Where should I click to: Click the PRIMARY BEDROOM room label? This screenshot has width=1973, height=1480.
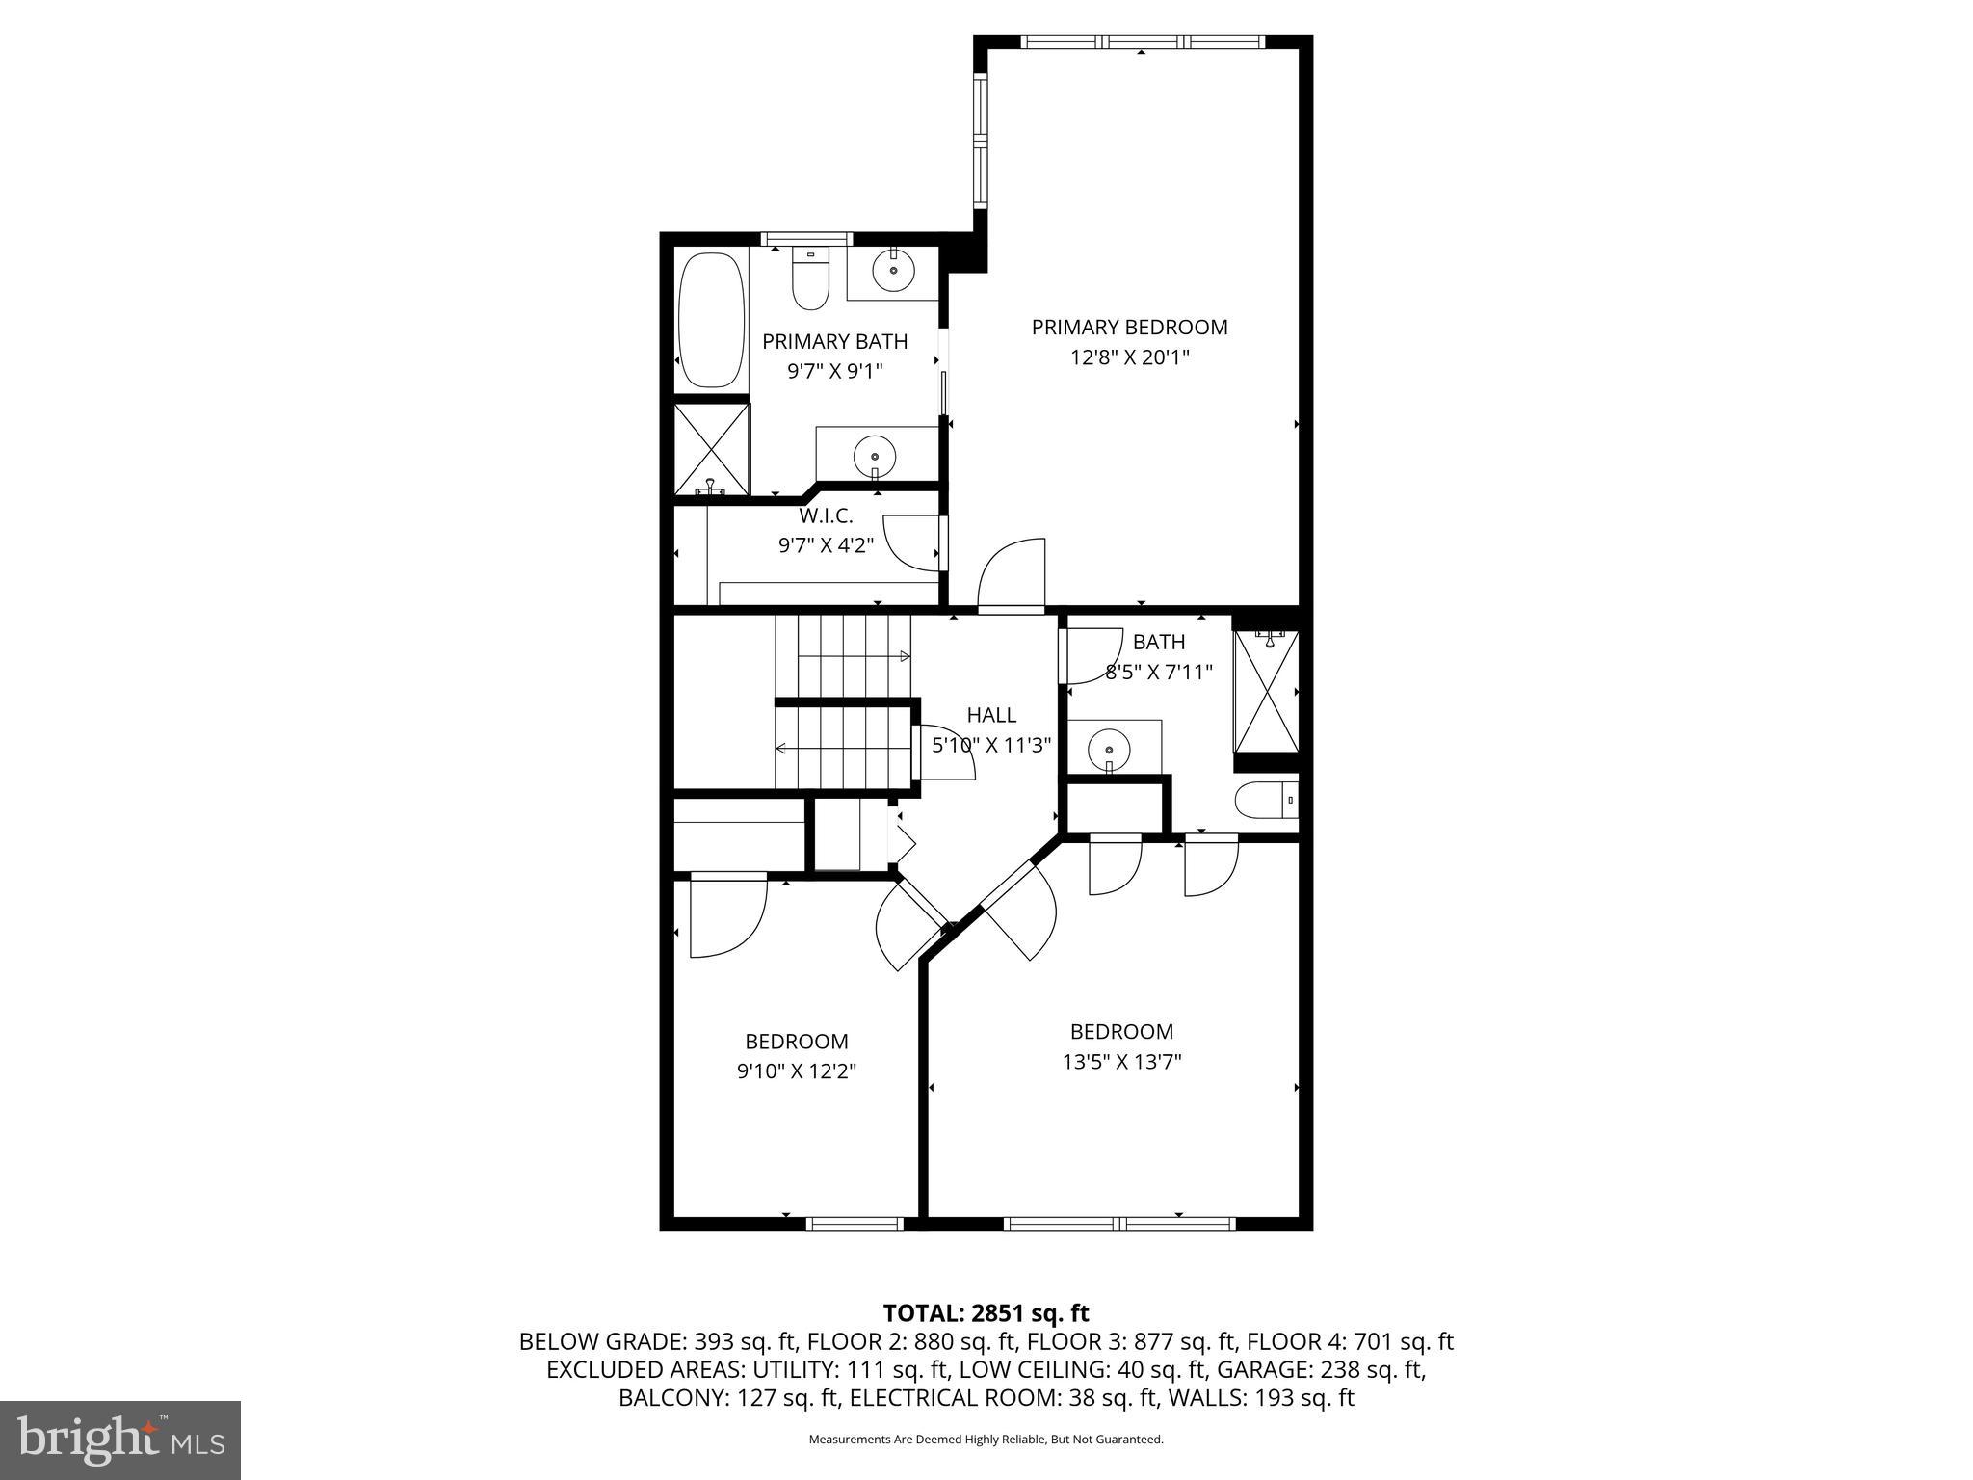1129,328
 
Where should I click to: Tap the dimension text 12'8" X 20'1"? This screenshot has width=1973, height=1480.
1129,357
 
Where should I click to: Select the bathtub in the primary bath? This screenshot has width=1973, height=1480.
712,320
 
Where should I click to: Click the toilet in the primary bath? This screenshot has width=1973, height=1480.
811,280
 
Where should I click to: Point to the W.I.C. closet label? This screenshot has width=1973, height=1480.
826,516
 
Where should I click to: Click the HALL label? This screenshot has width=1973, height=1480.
991,715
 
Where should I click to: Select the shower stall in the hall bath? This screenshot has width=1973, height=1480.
1266,692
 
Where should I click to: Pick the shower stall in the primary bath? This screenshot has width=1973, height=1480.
711,450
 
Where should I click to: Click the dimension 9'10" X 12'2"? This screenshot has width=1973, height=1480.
797,1071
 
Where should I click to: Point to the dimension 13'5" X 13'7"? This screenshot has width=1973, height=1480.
1121,1062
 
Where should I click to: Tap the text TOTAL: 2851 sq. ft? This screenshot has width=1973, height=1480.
986,1313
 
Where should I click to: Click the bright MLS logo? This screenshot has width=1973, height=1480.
119,1440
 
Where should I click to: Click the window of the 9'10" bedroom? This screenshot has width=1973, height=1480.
854,1224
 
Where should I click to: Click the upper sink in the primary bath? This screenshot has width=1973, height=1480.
894,271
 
